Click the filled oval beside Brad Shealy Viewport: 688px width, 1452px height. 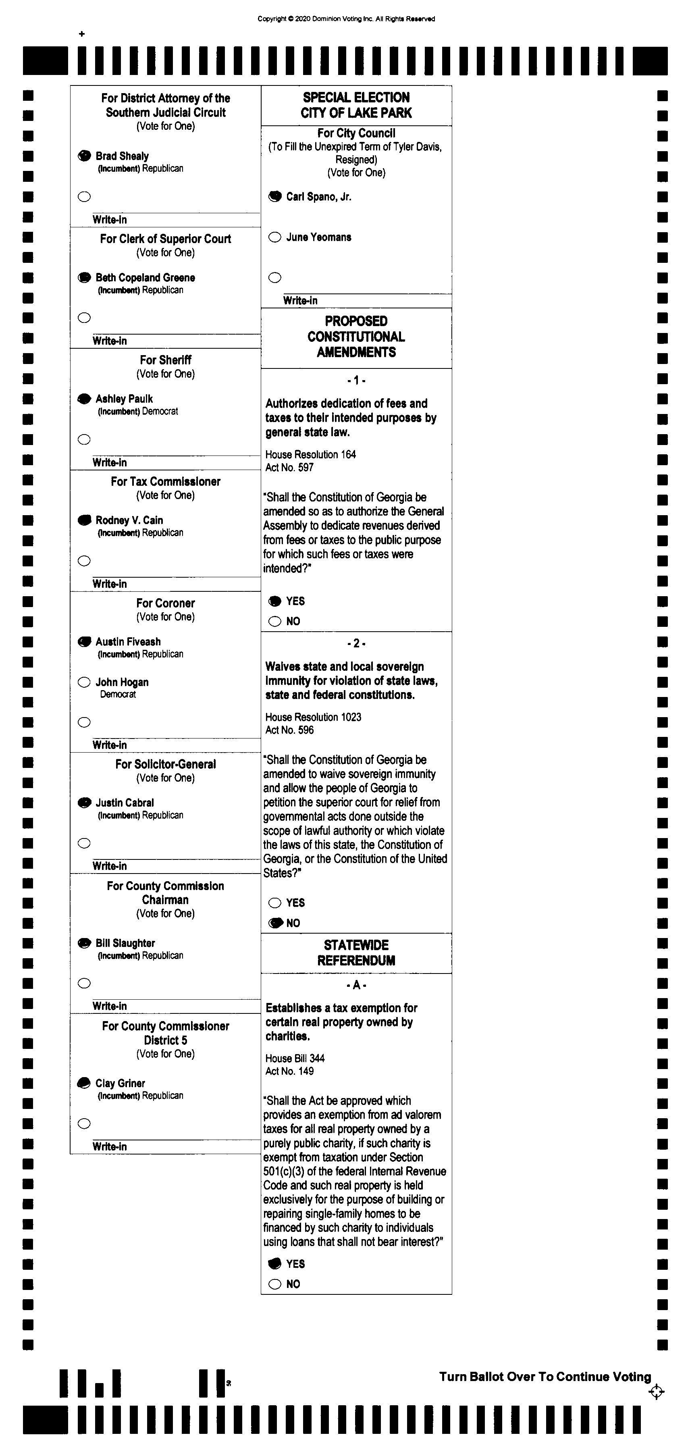click(x=84, y=156)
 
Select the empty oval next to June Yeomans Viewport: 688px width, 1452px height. click(x=274, y=237)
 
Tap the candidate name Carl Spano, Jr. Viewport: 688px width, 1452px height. click(x=318, y=197)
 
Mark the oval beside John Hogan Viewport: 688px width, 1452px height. click(x=84, y=682)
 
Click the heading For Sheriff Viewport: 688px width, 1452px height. click(x=166, y=360)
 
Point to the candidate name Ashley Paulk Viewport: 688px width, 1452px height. click(x=124, y=399)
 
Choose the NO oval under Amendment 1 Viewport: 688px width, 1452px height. click(x=274, y=621)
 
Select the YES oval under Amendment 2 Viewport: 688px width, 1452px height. click(x=274, y=903)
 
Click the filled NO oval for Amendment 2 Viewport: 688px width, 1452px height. click(x=275, y=923)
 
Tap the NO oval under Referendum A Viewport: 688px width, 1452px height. click(x=274, y=1284)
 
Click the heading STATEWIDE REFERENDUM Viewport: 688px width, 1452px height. click(x=356, y=953)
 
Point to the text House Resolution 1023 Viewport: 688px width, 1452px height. click(x=313, y=717)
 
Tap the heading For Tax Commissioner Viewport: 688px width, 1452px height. click(x=166, y=481)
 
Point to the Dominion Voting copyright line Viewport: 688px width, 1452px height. click(x=346, y=19)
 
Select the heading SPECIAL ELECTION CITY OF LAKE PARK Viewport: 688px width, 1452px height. click(x=356, y=105)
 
